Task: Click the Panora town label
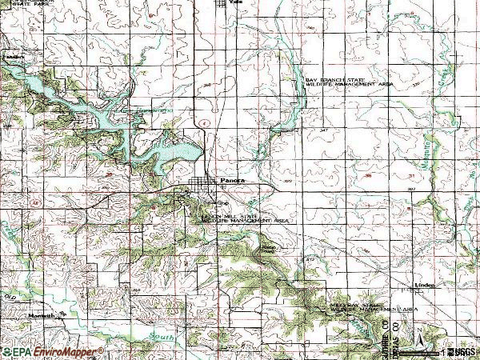click(x=231, y=182)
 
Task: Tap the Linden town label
click(x=423, y=285)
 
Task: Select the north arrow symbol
click(x=417, y=336)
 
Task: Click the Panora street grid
click(x=205, y=190)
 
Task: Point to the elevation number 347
click(x=323, y=128)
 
